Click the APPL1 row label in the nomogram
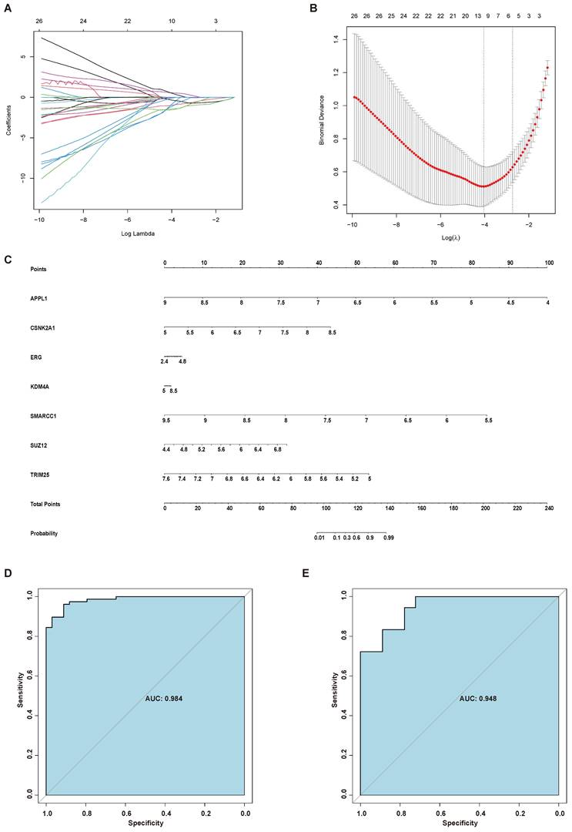[35, 297]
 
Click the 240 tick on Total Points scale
[547, 508]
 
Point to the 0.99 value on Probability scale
[389, 538]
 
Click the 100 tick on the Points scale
[547, 263]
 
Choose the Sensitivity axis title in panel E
[335, 692]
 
